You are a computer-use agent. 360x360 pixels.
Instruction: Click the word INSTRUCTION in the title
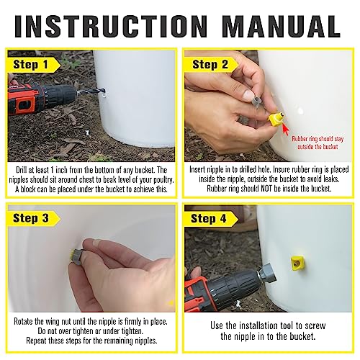pyautogui.click(x=111, y=26)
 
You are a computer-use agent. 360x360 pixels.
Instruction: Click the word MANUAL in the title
pyautogui.click(x=281, y=26)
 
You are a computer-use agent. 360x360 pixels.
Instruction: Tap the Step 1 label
pyautogui.click(x=30, y=65)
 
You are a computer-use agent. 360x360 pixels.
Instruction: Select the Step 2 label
pyautogui.click(x=210, y=65)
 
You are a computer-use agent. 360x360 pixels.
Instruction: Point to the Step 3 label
pyautogui.click(x=31, y=218)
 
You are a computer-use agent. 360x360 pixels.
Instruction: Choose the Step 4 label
pyautogui.click(x=208, y=219)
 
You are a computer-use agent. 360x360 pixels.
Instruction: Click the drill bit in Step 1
pyautogui.click(x=90, y=91)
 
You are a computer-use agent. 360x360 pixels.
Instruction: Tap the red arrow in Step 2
pyautogui.click(x=286, y=129)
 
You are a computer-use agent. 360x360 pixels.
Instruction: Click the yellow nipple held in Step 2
pyautogui.click(x=276, y=119)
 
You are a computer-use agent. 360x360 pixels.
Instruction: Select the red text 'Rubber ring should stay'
pyautogui.click(x=318, y=139)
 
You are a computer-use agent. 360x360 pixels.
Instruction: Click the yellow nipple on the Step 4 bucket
pyautogui.click(x=297, y=263)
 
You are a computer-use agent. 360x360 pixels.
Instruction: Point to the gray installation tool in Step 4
pyautogui.click(x=266, y=273)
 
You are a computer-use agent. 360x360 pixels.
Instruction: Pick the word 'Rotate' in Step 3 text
pyautogui.click(x=23, y=321)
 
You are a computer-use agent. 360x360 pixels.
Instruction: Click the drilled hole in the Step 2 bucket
pyautogui.click(x=300, y=111)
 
